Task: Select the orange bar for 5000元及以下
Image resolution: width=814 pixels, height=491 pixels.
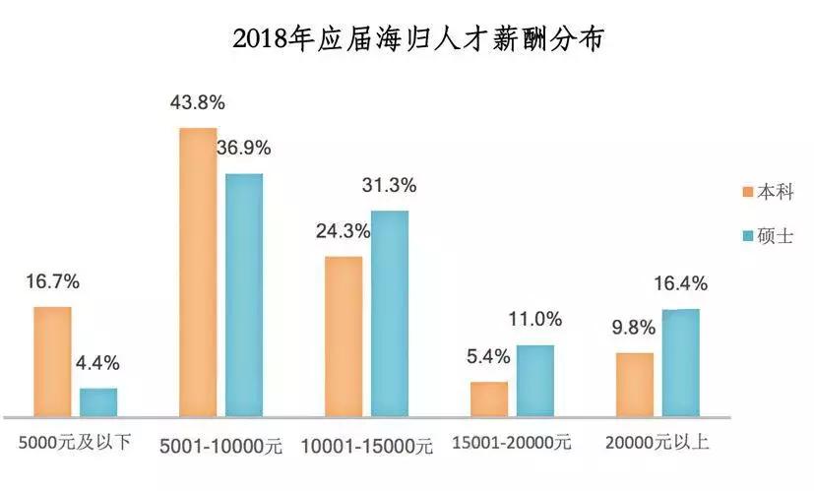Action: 53,361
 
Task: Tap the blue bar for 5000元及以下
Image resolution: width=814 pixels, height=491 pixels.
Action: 98,401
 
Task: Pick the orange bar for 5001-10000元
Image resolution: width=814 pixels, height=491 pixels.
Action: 198,272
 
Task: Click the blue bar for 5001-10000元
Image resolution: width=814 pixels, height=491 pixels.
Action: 244,294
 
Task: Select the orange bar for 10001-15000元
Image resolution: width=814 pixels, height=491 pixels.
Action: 344,336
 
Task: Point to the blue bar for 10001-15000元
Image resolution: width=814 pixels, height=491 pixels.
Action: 390,313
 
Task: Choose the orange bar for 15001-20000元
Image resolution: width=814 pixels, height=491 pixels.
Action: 489,399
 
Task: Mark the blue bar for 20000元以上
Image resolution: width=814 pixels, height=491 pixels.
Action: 680,362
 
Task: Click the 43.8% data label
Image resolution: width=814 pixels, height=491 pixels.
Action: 198,101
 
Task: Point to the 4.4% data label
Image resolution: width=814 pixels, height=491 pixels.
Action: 97,362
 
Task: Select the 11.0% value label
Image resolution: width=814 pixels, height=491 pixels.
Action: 534,319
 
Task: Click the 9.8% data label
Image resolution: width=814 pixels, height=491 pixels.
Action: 634,328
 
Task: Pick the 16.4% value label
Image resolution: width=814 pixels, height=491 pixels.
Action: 680,284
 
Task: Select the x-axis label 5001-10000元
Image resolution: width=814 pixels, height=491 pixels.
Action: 220,445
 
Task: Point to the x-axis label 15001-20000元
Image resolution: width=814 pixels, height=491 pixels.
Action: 512,443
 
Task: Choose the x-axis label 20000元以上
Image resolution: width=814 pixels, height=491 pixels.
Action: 657,443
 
